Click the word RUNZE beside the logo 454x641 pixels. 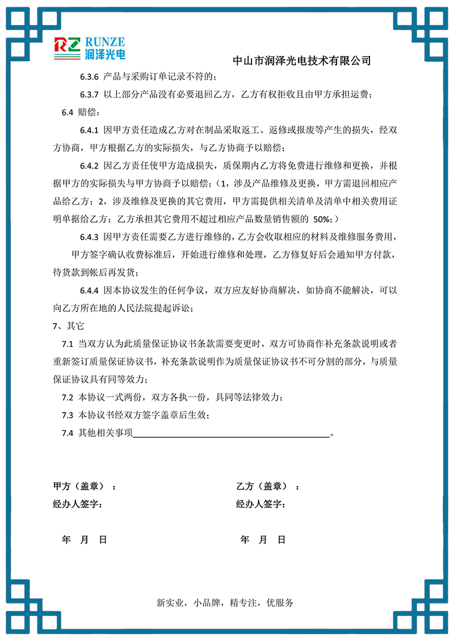104,41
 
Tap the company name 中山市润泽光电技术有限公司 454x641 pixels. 302,60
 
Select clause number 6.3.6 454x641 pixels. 90,77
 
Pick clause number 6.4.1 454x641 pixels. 90,130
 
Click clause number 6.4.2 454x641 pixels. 90,166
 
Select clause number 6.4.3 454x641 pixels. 90,236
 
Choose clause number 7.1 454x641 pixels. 68,344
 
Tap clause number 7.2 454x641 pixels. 68,397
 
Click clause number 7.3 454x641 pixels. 68,415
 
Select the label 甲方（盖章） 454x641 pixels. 78,486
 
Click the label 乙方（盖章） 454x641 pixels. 262,486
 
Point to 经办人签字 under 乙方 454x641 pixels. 260,504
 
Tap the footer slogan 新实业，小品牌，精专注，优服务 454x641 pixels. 225,603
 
